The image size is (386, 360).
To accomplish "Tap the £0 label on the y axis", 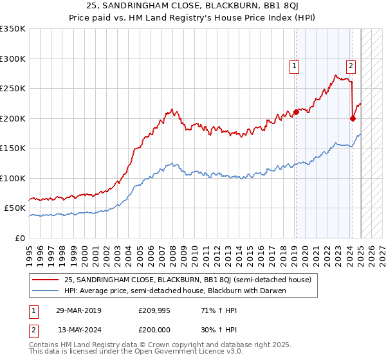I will [19, 238].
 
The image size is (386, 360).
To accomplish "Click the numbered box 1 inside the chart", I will [294, 65].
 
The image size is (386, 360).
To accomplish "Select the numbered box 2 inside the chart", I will [351, 65].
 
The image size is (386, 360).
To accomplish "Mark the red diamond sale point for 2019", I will [296, 112].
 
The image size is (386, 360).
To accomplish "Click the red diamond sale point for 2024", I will [353, 118].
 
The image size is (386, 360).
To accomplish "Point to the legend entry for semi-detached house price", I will [187, 280].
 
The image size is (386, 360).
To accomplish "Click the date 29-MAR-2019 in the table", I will [78, 310].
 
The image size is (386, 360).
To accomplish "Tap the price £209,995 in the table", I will [154, 310].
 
